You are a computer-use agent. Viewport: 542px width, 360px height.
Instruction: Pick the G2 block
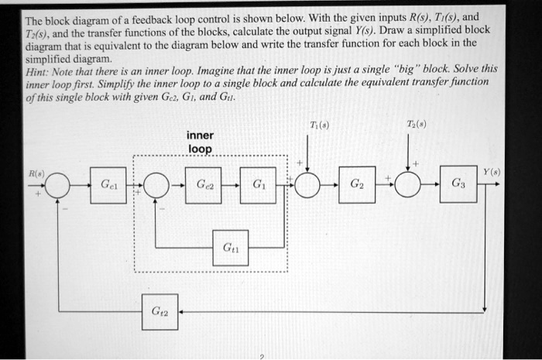356,186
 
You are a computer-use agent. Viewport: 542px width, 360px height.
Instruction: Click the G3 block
458,186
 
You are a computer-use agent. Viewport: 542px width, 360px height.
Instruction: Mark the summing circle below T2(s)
408,186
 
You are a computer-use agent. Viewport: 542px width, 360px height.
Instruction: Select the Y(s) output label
488,172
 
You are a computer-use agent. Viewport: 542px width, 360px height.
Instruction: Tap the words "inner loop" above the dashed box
200,142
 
